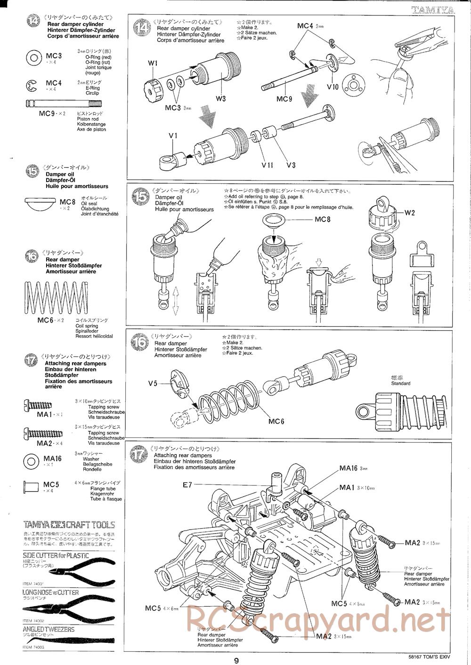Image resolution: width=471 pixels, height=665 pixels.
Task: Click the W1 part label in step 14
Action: click(153, 63)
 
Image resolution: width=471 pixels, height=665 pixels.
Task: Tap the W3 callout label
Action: click(221, 99)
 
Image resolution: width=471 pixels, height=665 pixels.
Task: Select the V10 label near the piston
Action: click(333, 87)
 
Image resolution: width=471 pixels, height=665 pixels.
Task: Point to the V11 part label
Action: click(267, 165)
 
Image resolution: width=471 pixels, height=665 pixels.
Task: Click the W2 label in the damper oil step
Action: click(409, 213)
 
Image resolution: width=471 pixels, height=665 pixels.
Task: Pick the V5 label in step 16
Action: click(153, 383)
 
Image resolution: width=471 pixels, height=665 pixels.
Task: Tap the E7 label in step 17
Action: click(188, 485)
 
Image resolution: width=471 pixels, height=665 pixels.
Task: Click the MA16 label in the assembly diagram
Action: click(349, 468)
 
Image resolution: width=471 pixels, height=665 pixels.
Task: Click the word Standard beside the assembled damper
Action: click(401, 383)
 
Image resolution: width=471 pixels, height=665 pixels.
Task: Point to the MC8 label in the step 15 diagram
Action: click(322, 220)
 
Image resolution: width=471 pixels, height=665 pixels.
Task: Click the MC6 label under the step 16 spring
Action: click(276, 421)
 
